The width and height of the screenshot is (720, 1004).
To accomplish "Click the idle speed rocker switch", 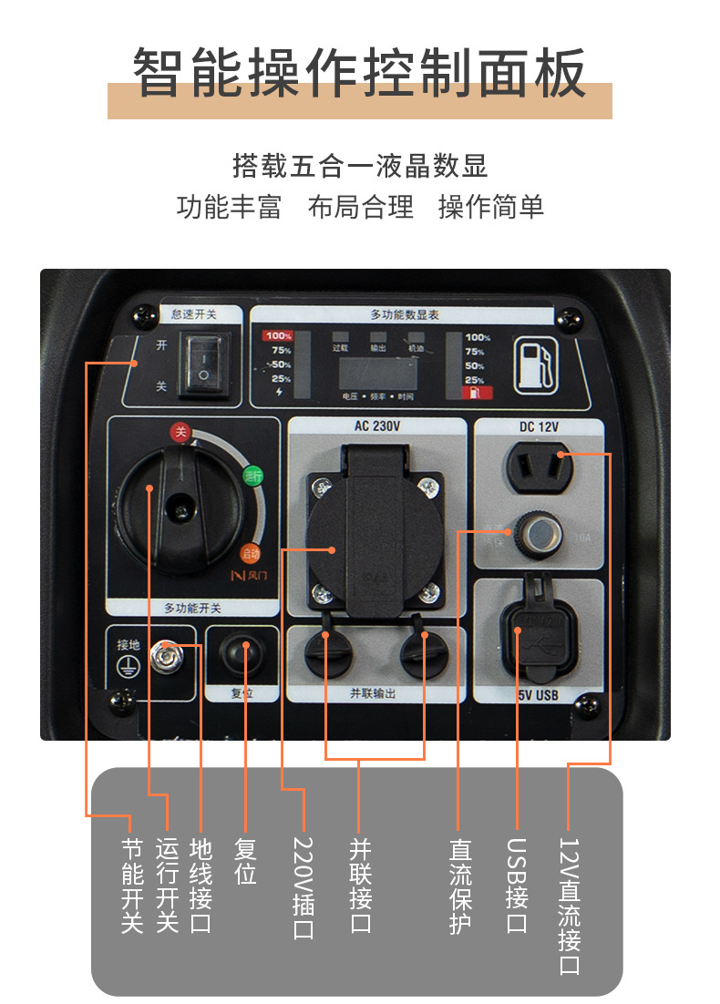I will point(204,365).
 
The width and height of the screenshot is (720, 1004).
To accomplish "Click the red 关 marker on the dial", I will point(180,433).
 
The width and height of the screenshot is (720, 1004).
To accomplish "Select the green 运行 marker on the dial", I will point(252,475).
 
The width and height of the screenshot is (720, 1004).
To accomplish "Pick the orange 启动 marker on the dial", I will point(250,552).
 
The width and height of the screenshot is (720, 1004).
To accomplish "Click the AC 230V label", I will point(376,426).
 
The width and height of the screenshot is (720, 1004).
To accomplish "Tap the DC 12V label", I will point(538,426).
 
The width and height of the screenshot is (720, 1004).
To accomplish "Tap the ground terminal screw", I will point(167,654).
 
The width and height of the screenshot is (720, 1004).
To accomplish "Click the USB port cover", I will point(538,634).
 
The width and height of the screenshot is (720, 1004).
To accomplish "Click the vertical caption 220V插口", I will point(303,888).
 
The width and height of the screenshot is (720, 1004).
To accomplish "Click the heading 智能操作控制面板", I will point(359,73).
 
